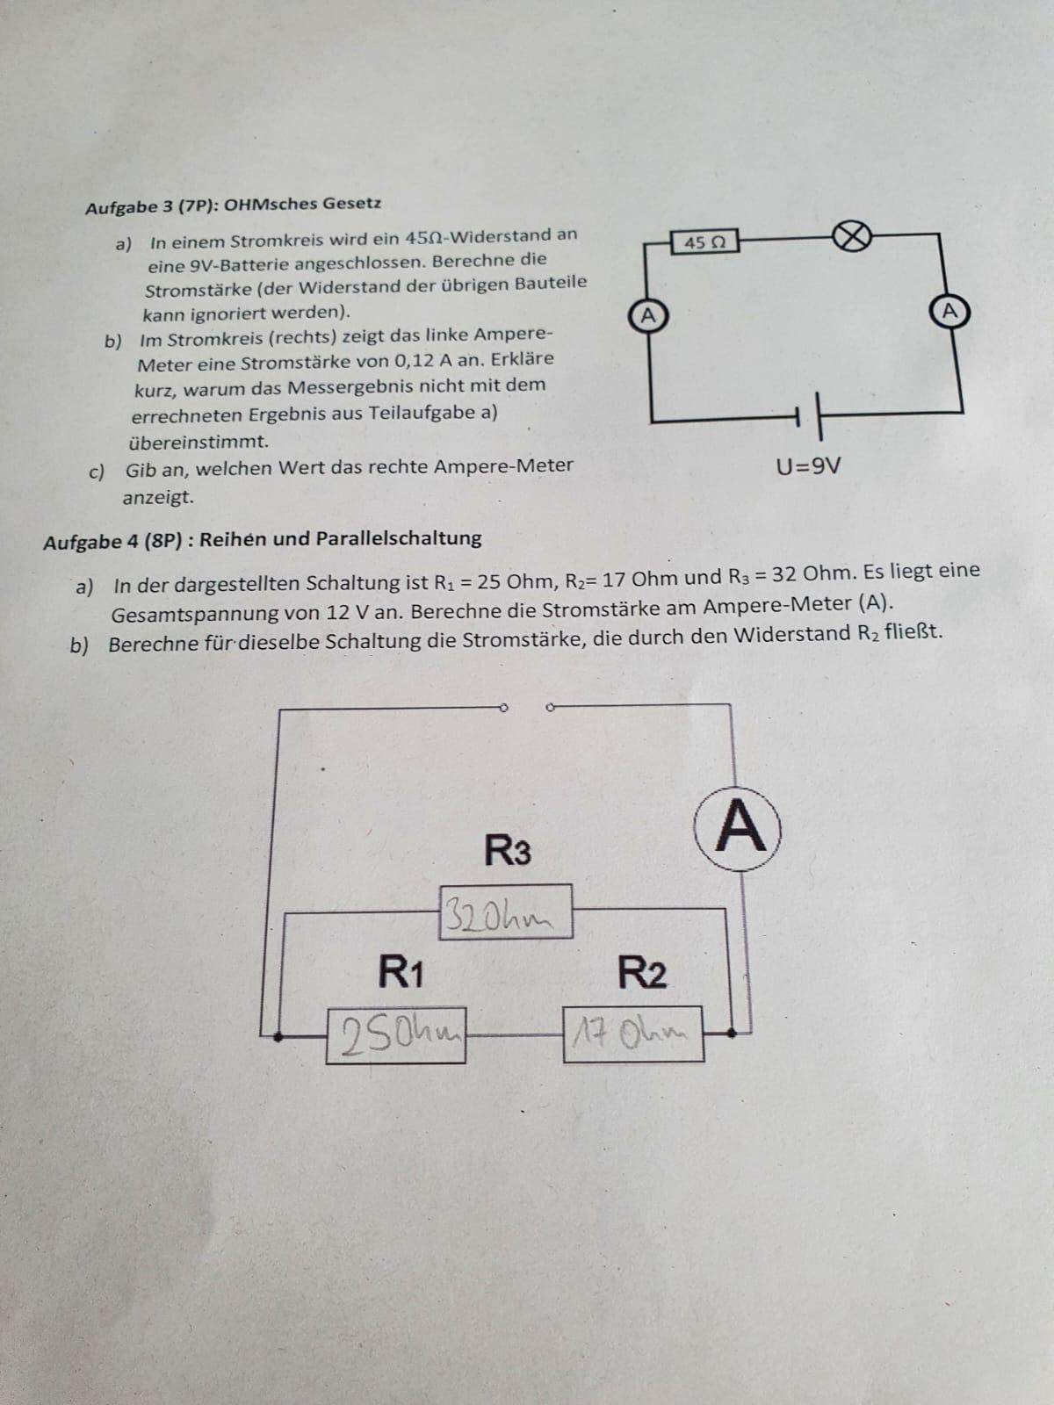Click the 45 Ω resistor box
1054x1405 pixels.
[704, 242]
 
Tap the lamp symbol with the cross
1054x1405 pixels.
[852, 237]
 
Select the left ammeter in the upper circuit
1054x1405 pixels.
[647, 315]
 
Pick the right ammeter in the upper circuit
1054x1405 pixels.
[949, 311]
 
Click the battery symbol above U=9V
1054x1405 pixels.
[810, 417]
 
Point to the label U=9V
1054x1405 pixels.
[808, 467]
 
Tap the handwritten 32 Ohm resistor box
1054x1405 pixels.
[505, 912]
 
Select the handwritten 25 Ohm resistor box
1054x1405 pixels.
[396, 1035]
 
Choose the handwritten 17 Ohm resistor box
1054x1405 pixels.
[633, 1034]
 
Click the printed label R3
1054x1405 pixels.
[507, 851]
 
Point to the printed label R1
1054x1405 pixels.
[401, 971]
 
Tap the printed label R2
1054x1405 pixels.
[642, 972]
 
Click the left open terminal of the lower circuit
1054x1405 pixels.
[503, 708]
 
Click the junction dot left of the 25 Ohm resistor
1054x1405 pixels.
[277, 1037]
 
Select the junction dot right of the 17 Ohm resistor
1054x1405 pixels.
[733, 1033]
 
